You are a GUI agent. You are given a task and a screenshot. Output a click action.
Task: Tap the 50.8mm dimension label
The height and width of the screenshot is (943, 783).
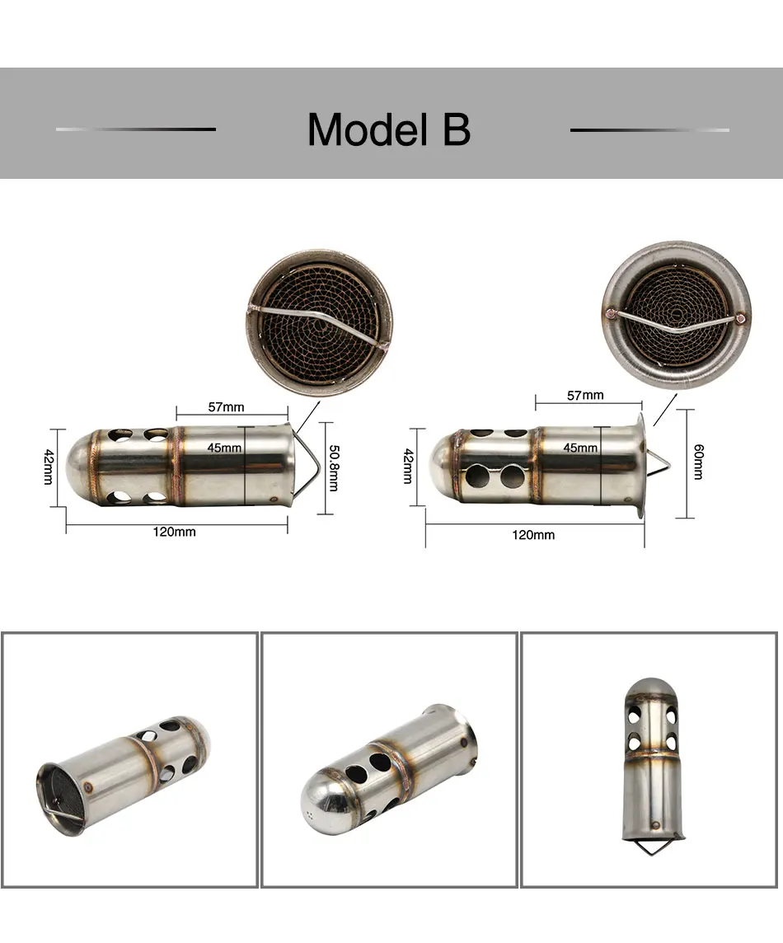click(x=334, y=468)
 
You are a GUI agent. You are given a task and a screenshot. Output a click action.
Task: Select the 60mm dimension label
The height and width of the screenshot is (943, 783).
click(x=698, y=462)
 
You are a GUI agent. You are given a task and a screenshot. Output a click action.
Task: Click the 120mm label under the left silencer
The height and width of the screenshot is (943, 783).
click(x=175, y=532)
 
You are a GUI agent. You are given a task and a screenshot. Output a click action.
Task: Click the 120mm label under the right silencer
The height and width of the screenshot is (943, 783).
click(x=533, y=535)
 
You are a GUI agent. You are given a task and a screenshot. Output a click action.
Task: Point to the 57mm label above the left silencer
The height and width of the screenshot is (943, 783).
click(x=226, y=407)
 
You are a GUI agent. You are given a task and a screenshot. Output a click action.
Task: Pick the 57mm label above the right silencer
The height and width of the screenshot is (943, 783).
click(x=585, y=395)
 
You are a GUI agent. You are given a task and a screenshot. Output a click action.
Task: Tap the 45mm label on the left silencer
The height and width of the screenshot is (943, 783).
click(x=224, y=448)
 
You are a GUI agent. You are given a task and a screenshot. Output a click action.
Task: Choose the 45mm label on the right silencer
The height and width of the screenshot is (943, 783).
click(x=580, y=448)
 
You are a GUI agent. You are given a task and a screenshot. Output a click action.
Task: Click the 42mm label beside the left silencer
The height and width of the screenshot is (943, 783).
click(x=49, y=467)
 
